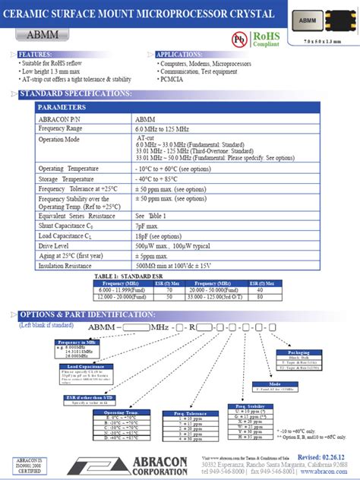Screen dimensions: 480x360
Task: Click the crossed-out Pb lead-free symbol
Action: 238,38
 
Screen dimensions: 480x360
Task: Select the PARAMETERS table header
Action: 62,108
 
